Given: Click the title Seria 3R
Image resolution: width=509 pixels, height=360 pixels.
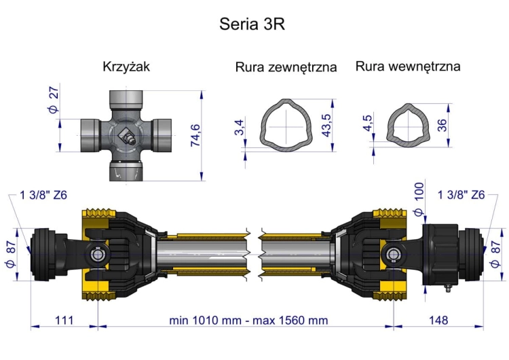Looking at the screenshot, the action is (x=252, y=24).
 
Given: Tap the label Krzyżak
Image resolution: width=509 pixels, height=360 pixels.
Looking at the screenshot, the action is (x=126, y=67).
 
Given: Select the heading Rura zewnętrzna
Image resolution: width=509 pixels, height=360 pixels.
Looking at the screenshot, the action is (x=286, y=67).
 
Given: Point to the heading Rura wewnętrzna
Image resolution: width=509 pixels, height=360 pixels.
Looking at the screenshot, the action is (x=408, y=67).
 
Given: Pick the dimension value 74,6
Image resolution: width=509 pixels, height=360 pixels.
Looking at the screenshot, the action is (x=195, y=135).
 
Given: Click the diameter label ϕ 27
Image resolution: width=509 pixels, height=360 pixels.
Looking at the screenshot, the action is (x=54, y=100).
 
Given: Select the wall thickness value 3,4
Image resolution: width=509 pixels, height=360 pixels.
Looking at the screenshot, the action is (x=239, y=128).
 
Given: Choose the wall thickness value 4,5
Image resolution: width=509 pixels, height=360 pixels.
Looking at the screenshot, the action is (x=368, y=123).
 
